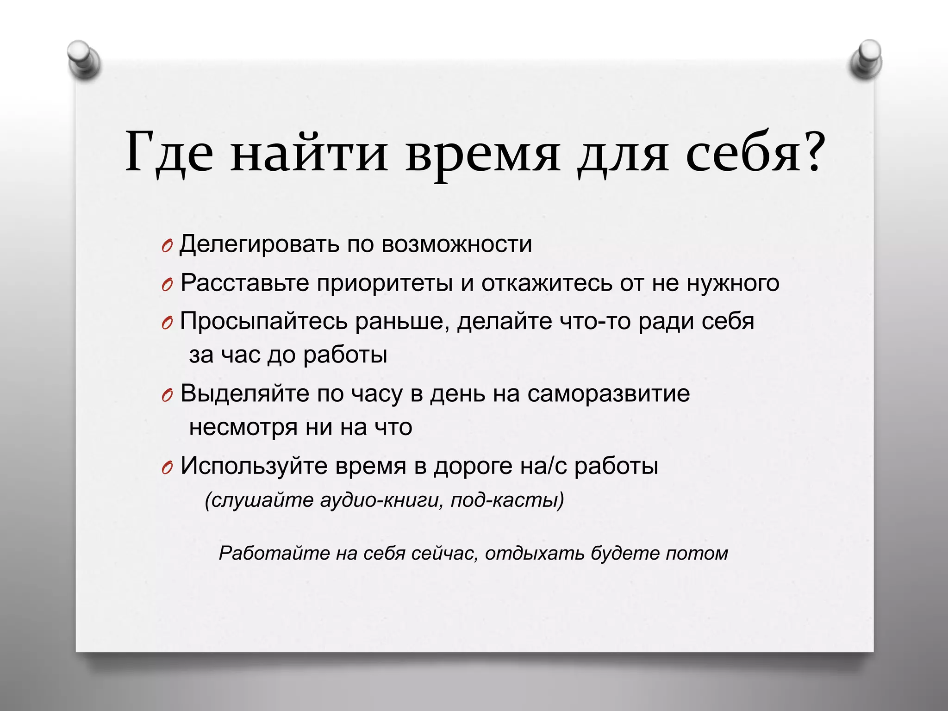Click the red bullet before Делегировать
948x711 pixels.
pyautogui.click(x=168, y=247)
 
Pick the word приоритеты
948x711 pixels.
pyautogui.click(x=384, y=283)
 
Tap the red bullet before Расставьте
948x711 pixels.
pyautogui.click(x=168, y=286)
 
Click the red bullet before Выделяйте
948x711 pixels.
pyautogui.click(x=168, y=396)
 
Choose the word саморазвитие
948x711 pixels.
pyautogui.click(x=608, y=394)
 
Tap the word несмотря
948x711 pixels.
pyautogui.click(x=243, y=427)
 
